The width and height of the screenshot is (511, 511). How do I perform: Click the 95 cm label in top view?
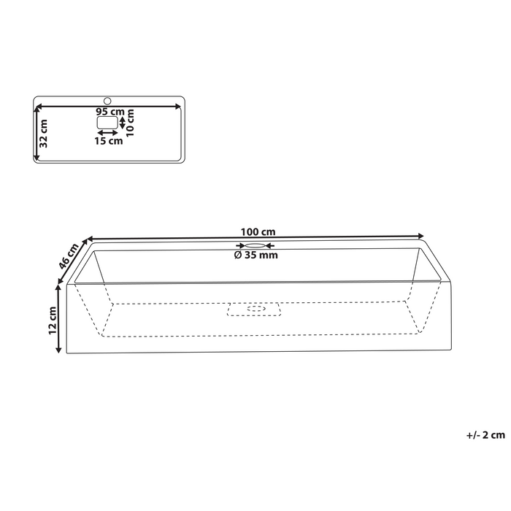109,112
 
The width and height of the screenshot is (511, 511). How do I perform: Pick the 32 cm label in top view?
44,133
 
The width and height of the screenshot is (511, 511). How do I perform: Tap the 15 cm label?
109,142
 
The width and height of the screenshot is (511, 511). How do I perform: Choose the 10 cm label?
131,120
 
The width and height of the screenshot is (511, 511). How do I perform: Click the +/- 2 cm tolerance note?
485,435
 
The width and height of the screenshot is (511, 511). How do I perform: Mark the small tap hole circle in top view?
107,100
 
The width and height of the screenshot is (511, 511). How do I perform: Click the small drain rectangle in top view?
107,123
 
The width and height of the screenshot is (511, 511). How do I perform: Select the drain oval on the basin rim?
255,246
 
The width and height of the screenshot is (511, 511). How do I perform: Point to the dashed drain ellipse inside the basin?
256,309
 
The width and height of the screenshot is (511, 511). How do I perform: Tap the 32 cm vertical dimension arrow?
36,133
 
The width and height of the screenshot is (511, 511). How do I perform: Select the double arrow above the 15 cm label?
108,134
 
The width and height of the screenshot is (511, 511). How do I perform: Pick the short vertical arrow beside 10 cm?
123,123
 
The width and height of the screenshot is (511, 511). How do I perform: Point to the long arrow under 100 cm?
255,237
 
